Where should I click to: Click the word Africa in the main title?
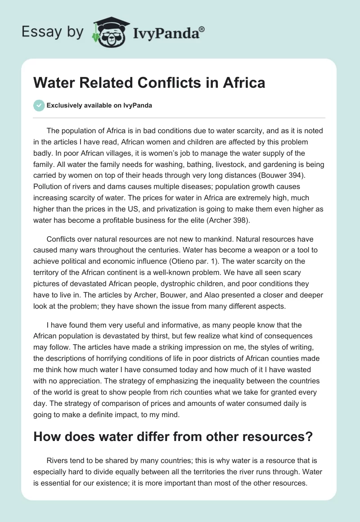243,83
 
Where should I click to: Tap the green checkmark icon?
38,105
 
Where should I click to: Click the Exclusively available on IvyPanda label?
99,105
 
